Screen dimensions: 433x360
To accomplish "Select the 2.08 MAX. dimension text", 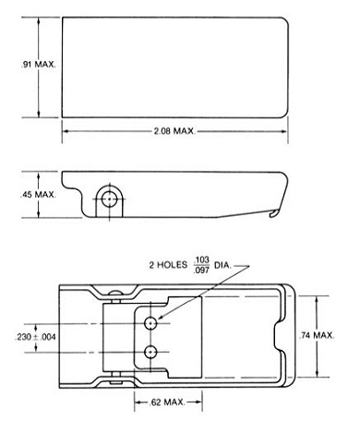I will [x=173, y=133].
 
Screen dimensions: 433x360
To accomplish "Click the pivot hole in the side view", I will [x=110, y=198].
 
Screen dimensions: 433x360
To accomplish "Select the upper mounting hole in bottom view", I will [x=150, y=322].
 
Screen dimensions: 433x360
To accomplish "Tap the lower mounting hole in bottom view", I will [x=150, y=351].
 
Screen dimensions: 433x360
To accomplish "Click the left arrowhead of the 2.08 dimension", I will [x=65, y=133].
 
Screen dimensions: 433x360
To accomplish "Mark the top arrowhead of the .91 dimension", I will [x=38, y=19].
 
